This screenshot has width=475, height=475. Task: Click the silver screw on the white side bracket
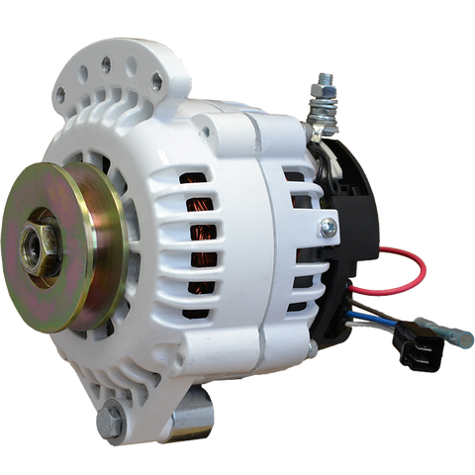pyautogui.click(x=329, y=228)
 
